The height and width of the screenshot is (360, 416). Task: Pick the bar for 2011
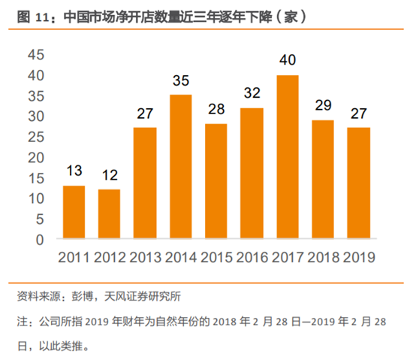[x=74, y=213]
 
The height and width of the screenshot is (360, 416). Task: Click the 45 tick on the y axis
[x=35, y=56]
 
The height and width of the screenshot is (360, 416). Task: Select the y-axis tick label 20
[x=35, y=158]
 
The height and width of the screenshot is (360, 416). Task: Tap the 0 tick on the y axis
[x=40, y=240]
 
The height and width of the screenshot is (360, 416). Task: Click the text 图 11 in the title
[x=31, y=15]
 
